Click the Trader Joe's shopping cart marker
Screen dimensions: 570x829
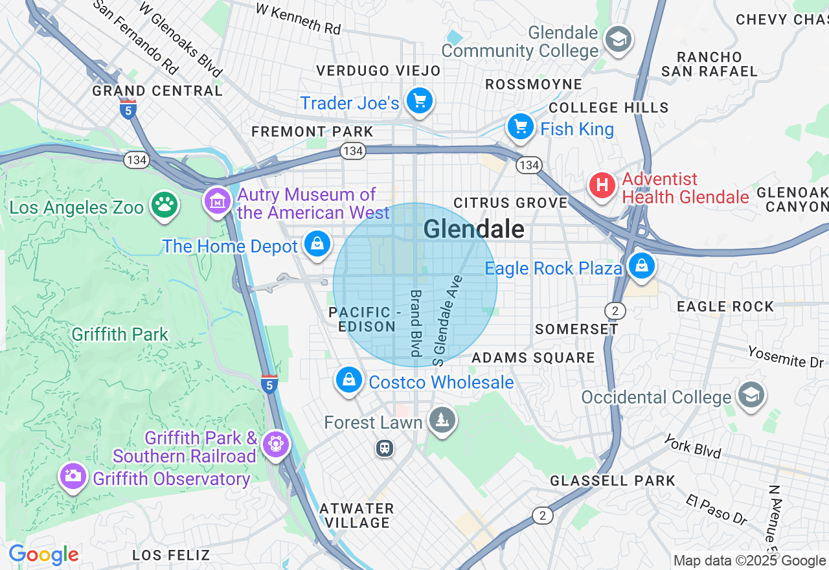point(420,101)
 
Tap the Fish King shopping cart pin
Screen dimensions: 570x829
point(520,127)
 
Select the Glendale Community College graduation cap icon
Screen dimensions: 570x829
point(618,40)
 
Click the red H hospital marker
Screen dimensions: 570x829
point(602,186)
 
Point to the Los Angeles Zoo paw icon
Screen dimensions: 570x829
point(165,205)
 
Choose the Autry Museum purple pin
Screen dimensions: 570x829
point(218,201)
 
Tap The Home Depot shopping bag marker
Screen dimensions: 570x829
point(317,244)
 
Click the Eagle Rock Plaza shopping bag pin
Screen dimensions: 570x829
point(641,266)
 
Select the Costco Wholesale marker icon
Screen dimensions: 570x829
point(349,380)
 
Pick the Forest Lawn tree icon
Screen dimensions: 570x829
point(442,420)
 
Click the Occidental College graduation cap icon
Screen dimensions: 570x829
point(751,394)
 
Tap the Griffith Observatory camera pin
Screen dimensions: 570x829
point(73,477)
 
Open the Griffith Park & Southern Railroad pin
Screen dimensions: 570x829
point(277,445)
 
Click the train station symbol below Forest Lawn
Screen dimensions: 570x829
point(385,448)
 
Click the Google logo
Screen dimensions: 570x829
point(43,554)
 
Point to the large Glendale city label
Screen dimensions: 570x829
point(473,229)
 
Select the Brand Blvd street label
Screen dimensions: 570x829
point(415,322)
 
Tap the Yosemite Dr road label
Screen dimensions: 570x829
point(785,357)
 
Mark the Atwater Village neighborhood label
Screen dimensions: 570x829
point(357,515)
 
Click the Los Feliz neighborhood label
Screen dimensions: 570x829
point(171,555)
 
